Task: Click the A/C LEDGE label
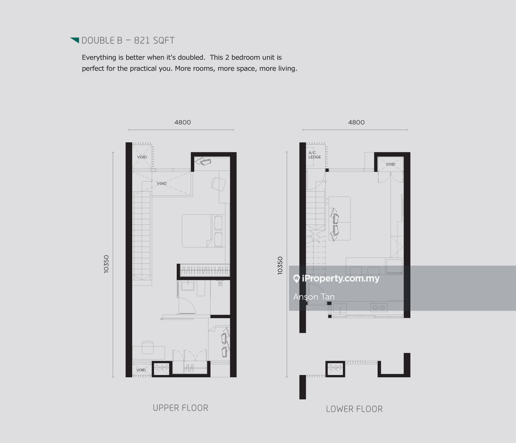click(x=315, y=155)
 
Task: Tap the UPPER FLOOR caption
click(x=180, y=408)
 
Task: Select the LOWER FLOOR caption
click(x=354, y=409)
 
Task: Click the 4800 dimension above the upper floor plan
click(x=182, y=123)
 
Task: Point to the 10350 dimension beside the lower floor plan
click(x=280, y=266)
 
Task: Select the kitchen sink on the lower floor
click(x=340, y=308)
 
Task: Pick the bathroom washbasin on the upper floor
click(x=187, y=286)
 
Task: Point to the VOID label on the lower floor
click(x=390, y=164)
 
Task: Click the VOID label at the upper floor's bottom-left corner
click(x=141, y=370)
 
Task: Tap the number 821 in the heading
click(x=142, y=41)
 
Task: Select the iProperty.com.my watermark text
click(x=340, y=278)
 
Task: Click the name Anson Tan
click(x=314, y=297)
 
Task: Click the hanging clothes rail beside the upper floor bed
click(x=204, y=270)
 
